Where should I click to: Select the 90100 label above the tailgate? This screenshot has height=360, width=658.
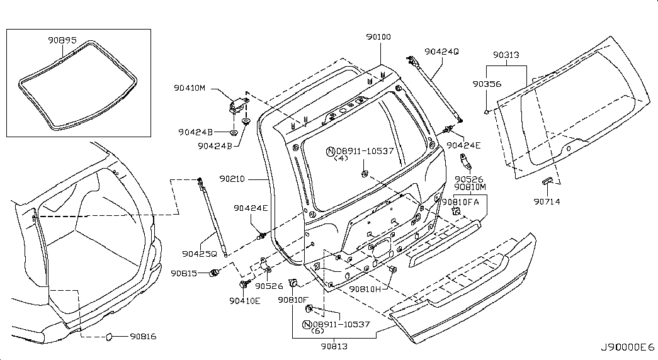click(x=378, y=37)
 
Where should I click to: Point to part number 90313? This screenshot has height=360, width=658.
click(x=506, y=55)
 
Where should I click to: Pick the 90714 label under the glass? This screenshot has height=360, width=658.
click(x=547, y=201)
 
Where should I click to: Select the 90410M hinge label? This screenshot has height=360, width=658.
click(x=190, y=88)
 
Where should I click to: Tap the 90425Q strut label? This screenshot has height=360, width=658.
click(x=200, y=254)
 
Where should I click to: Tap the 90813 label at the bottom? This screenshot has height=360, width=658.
click(x=333, y=346)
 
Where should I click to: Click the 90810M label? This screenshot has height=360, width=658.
click(x=470, y=188)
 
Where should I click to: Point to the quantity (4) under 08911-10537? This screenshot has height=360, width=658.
click(x=341, y=159)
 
